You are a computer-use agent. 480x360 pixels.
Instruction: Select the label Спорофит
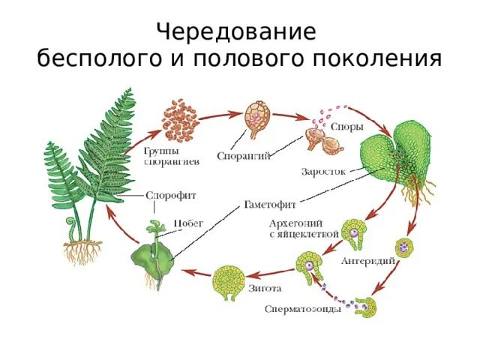tap(171, 195)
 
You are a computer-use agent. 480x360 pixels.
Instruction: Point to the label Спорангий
tap(244, 156)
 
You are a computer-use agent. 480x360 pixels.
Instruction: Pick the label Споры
tap(346, 127)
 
